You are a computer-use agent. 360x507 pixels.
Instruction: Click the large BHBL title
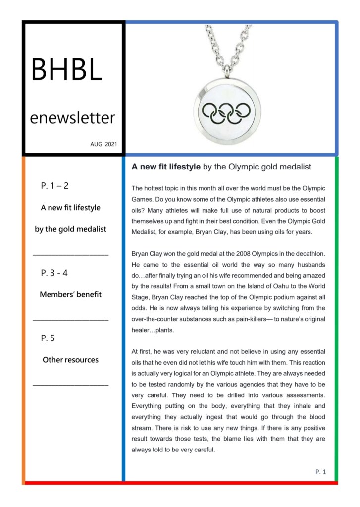(x=66, y=69)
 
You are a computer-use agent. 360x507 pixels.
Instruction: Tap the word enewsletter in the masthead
(x=72, y=118)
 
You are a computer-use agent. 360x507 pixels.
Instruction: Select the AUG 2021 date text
(x=103, y=144)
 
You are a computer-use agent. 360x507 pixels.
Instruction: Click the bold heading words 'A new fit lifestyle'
(x=166, y=167)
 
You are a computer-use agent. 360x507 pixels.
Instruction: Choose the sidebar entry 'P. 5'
(x=48, y=338)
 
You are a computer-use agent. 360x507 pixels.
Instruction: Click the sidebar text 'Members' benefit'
(x=70, y=294)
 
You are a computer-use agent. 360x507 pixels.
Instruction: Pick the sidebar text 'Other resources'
(x=70, y=360)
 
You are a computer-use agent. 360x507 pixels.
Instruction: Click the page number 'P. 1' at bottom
(x=320, y=472)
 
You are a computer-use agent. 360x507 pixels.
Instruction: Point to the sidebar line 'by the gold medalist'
(x=70, y=229)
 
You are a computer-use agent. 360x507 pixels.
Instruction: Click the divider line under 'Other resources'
(x=70, y=385)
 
